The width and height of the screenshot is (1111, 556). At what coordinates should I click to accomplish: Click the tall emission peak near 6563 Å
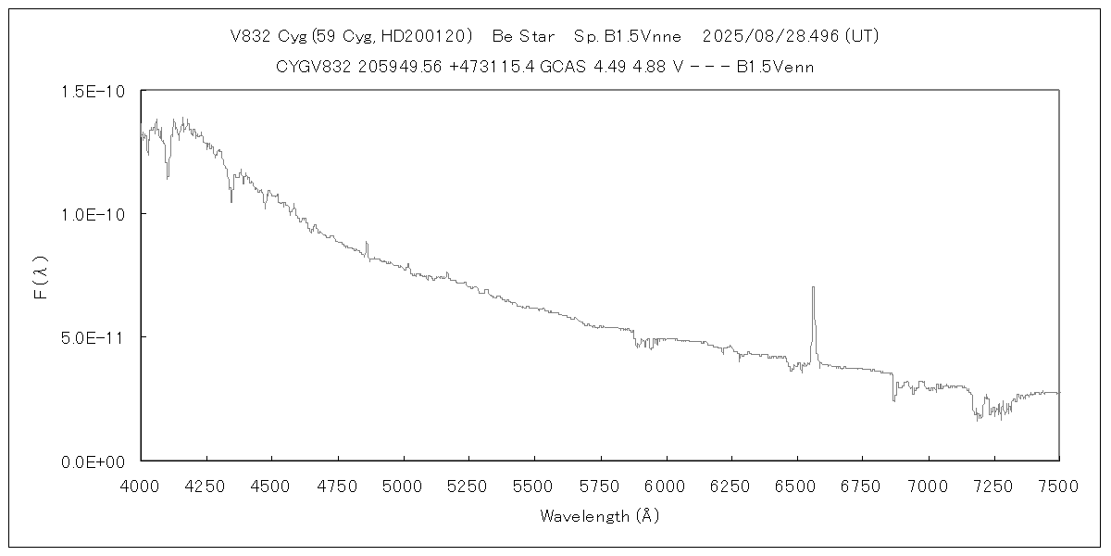pyautogui.click(x=813, y=289)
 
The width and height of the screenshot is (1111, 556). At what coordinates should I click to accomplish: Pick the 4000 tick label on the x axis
pyautogui.click(x=141, y=484)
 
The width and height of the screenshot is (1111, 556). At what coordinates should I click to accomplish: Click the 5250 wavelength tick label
pyautogui.click(x=468, y=484)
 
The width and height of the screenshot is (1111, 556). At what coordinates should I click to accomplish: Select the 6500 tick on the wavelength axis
pyautogui.click(x=796, y=484)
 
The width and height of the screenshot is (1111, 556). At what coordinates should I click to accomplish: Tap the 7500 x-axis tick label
pyautogui.click(x=1058, y=484)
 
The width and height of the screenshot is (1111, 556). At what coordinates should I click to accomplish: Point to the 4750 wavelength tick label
pyautogui.click(x=337, y=484)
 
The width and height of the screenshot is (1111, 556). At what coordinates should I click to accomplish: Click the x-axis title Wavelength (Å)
pyautogui.click(x=599, y=516)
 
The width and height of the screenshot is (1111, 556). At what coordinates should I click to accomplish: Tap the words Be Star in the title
pyautogui.click(x=523, y=36)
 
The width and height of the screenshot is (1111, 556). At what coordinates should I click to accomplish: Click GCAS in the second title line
pyautogui.click(x=566, y=67)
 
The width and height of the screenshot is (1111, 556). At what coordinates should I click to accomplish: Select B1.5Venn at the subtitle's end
pyautogui.click(x=775, y=67)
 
